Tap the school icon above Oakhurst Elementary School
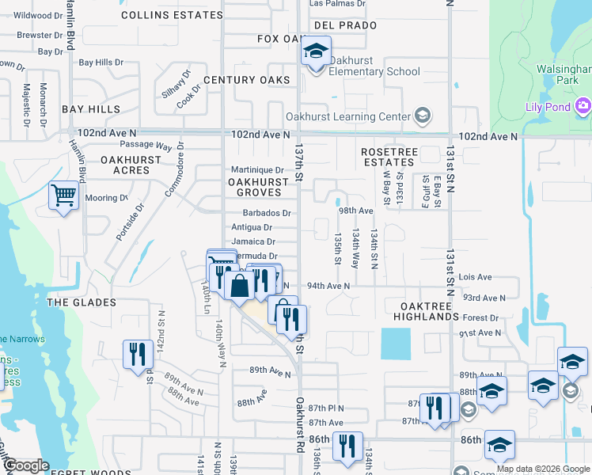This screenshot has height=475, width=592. (x=316, y=52)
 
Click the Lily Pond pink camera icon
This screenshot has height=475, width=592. (x=583, y=106)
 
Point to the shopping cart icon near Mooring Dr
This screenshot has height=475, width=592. (x=63, y=195)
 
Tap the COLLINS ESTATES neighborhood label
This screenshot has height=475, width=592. (x=169, y=15)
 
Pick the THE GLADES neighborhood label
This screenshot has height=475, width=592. (x=82, y=302)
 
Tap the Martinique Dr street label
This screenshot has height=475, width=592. (x=256, y=169)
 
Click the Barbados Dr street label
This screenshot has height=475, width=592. (x=266, y=213)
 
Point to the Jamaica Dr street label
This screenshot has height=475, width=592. (x=253, y=241)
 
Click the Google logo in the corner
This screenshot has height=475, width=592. (x=26, y=465)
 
